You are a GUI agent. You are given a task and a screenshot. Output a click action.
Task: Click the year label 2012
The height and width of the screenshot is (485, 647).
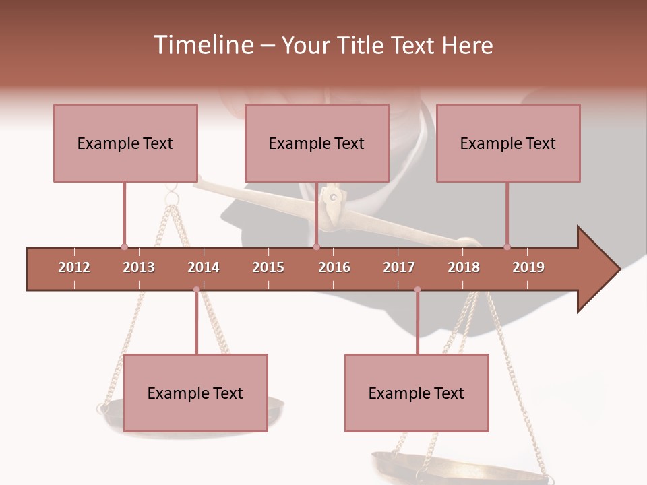74,267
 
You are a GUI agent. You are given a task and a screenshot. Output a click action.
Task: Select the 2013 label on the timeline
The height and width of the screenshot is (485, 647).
139,267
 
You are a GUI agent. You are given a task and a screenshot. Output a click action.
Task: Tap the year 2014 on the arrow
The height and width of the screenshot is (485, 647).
204,267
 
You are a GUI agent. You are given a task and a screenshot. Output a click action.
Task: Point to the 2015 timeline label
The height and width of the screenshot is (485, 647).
268,267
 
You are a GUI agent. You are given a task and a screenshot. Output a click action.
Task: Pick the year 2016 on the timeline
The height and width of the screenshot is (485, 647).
334,267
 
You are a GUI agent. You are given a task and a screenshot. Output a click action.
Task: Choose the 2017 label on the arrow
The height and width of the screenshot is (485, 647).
399,267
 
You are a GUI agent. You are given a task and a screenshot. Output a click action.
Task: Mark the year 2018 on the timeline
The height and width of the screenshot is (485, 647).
464,267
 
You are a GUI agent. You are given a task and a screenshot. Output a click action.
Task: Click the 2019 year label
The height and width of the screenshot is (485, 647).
528,267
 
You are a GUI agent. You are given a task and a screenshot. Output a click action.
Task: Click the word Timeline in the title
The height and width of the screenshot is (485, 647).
202,45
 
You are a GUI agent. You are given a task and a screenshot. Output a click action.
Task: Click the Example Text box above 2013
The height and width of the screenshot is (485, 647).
125,143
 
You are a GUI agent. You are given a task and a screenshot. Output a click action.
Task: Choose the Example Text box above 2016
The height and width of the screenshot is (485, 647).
317,143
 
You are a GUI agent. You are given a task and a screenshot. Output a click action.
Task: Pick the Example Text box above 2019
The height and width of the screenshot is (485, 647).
508,143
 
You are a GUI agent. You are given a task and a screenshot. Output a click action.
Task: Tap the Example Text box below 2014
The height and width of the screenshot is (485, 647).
195,393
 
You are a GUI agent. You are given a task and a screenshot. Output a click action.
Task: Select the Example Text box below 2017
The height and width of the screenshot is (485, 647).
417,393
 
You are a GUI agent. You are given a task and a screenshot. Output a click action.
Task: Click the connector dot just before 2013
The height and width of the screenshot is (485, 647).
124,247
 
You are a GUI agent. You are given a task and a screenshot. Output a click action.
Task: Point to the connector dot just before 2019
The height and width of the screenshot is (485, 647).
507,247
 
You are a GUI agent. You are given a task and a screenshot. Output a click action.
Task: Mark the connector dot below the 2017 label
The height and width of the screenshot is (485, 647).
417,290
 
